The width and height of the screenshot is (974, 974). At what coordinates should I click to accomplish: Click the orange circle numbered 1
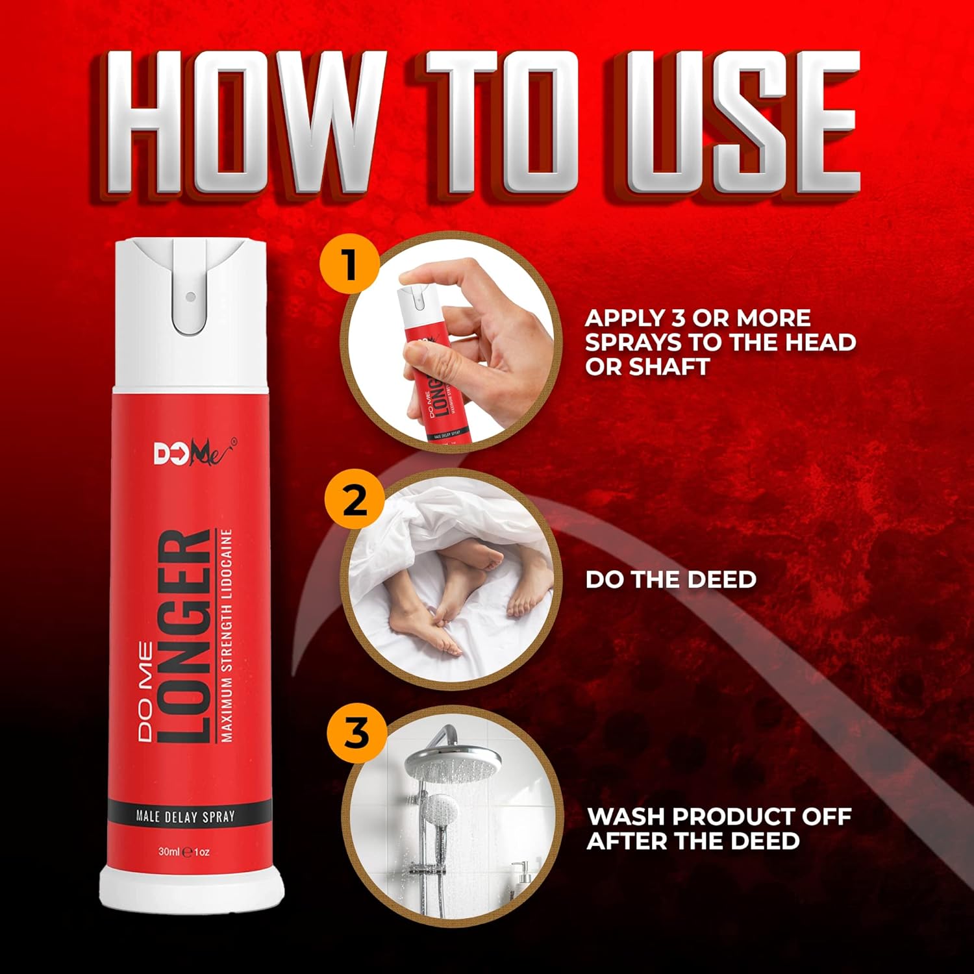[349, 265]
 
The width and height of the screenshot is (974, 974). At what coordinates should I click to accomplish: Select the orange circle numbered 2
[355, 500]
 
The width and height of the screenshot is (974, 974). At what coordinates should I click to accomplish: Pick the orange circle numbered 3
[356, 734]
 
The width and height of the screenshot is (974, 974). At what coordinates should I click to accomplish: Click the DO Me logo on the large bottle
[194, 453]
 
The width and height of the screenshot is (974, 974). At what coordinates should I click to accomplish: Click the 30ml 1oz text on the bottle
[184, 851]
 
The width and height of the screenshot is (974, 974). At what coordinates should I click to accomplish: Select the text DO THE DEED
[671, 579]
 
